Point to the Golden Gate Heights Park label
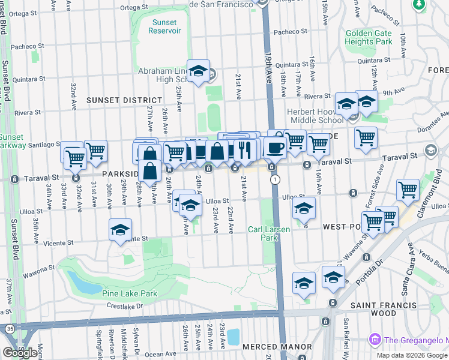tap(369, 38)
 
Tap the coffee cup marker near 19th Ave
tap(275, 148)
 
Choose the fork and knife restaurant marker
tap(244, 150)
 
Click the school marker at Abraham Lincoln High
tap(197, 71)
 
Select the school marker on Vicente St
tap(121, 230)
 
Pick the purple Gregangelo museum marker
tap(376, 340)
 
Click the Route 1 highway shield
tap(275, 179)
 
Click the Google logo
tap(20, 352)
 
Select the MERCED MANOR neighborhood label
tap(277, 347)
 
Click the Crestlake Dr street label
tap(123, 306)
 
